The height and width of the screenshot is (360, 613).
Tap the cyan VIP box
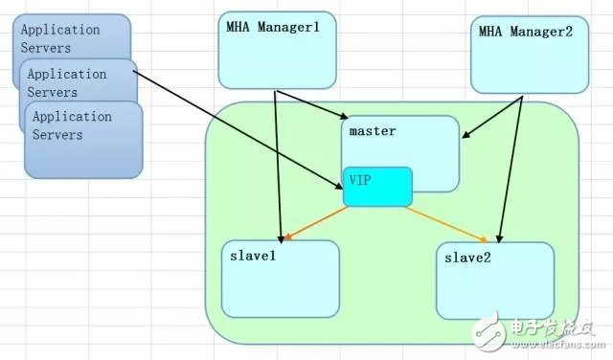[379, 187]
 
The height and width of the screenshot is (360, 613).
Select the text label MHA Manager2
[526, 32]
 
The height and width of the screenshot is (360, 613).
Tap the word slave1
[253, 255]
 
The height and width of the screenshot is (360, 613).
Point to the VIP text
[360, 179]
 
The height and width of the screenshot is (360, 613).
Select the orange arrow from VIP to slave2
[450, 222]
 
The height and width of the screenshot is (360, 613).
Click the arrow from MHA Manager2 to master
[491, 117]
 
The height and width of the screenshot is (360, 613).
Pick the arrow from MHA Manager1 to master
[308, 104]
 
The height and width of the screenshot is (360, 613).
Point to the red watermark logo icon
[510, 330]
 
